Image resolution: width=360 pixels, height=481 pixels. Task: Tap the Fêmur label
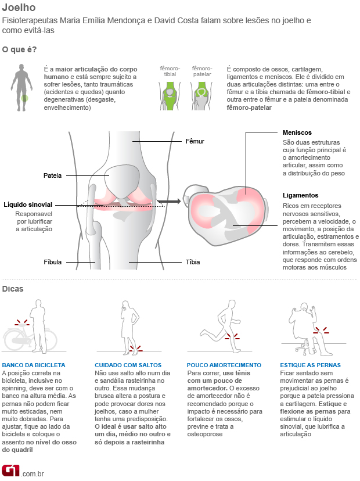(x=195, y=141)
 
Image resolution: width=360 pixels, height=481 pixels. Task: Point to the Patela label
(x=52, y=175)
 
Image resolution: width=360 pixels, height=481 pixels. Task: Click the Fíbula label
(x=52, y=262)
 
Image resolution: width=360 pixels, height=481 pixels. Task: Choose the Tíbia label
(x=192, y=262)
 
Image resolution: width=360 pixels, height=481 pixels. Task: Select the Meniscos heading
(x=297, y=132)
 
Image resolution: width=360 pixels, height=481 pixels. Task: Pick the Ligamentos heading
(x=300, y=195)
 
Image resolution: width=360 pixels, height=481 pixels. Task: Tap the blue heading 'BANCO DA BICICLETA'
(x=34, y=365)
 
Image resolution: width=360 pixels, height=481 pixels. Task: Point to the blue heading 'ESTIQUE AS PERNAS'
(x=310, y=365)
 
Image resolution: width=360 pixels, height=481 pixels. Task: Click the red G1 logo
(x=10, y=469)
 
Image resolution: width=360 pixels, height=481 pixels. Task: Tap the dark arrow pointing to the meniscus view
(x=169, y=202)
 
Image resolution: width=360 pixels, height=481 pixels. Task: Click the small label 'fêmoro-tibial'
(x=170, y=71)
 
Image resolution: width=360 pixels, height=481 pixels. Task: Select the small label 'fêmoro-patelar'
(x=201, y=71)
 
